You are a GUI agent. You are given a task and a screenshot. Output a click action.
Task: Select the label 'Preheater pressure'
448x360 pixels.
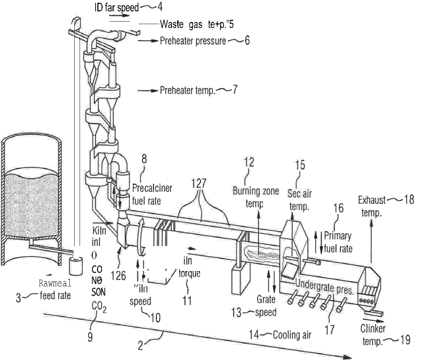tap(193, 41)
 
